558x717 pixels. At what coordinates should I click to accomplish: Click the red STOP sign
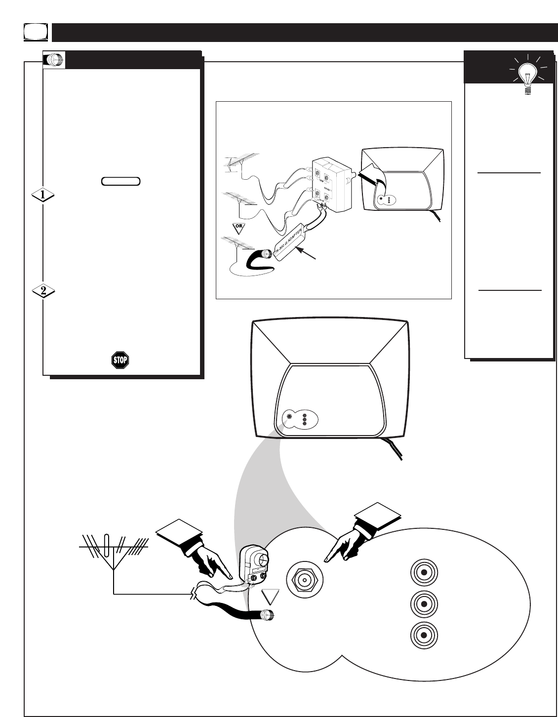[x=120, y=360]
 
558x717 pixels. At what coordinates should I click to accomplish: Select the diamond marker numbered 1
[x=43, y=196]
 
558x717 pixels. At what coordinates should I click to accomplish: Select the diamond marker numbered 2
[x=43, y=291]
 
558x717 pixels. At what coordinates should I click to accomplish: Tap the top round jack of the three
[x=423, y=573]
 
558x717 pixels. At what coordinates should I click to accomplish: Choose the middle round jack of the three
[x=423, y=603]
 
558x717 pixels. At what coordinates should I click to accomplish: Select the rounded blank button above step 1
[x=121, y=181]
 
